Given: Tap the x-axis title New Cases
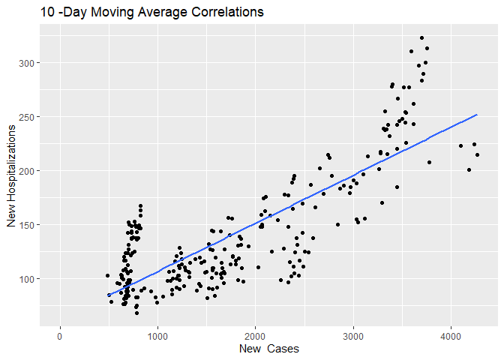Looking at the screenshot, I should pyautogui.click(x=269, y=349).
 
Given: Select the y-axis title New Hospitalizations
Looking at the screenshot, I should pyautogui.click(x=11, y=176).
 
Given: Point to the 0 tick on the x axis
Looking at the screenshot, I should pyautogui.click(x=60, y=336).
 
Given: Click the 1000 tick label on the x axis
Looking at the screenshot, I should pyautogui.click(x=157, y=336).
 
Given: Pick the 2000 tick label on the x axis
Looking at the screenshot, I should pyautogui.click(x=255, y=336).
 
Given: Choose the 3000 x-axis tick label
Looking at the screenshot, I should pyautogui.click(x=353, y=336).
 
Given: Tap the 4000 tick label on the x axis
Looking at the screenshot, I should pyautogui.click(x=451, y=336).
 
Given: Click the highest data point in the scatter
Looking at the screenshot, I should pyautogui.click(x=422, y=37).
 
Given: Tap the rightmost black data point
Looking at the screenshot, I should pyautogui.click(x=477, y=155).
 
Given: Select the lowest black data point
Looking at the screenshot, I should pyautogui.click(x=136, y=312).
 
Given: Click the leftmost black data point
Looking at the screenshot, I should pyautogui.click(x=107, y=275).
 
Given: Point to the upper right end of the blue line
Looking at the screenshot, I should pyautogui.click(x=477, y=115).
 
